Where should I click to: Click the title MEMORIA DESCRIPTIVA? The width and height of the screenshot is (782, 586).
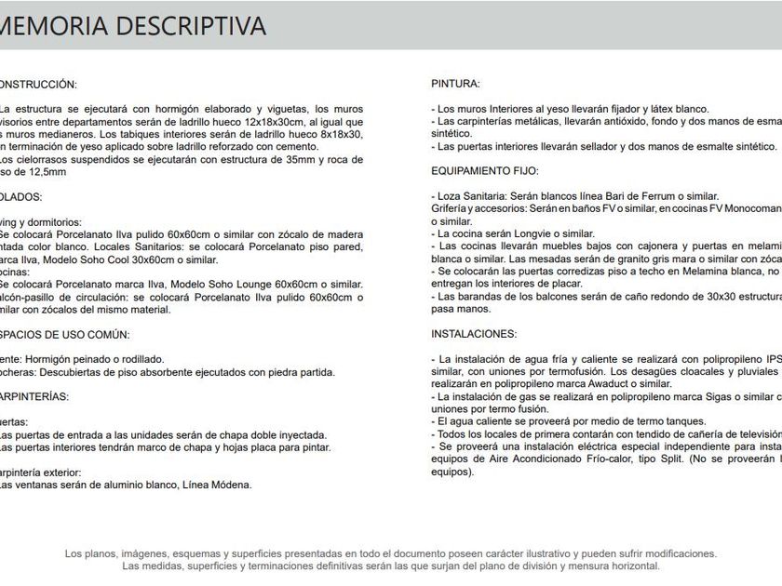(133, 26)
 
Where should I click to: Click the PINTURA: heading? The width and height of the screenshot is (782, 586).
(455, 84)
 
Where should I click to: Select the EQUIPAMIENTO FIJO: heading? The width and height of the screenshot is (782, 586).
(485, 171)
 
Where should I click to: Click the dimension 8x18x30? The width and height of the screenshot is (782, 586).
(336, 134)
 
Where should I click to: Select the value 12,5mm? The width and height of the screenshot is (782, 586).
(47, 172)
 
